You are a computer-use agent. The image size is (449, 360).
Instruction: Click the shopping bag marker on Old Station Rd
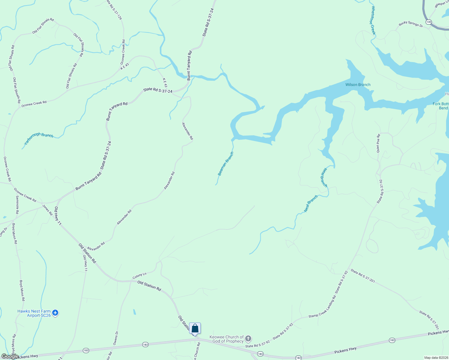point(195,328)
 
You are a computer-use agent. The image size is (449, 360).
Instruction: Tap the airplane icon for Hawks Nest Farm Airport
point(55,313)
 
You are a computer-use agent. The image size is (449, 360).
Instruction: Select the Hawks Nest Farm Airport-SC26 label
point(34,313)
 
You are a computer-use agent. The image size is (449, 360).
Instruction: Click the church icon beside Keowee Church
point(248,339)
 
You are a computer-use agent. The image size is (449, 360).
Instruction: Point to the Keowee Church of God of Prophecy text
point(226,339)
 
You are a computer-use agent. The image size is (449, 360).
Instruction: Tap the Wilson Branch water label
point(358,85)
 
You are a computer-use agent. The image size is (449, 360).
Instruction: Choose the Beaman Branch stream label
point(225,164)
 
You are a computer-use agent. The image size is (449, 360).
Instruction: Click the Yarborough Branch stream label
point(39,139)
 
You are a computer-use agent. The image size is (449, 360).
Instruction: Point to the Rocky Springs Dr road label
point(411,24)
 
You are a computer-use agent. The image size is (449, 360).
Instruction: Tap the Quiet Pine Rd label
point(378,143)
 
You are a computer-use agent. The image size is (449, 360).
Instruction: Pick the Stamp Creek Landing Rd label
point(322,306)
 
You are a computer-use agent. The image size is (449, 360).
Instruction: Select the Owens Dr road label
point(116,337)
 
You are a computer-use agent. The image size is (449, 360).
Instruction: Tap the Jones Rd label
point(47,210)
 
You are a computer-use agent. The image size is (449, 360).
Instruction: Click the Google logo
point(10,356)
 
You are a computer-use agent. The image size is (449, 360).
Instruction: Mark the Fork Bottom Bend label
point(441,106)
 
